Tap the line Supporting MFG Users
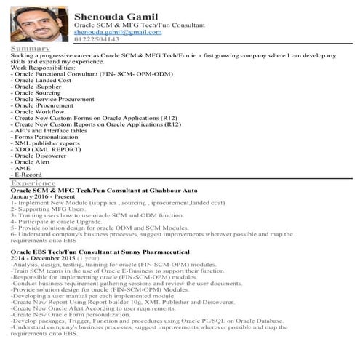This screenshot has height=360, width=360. click(x=47, y=209)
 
